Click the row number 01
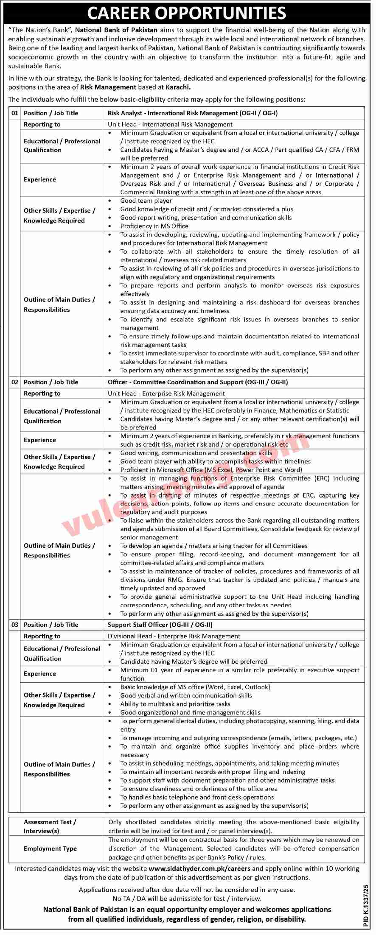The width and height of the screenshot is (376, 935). [15, 113]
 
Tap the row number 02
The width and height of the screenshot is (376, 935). [15, 382]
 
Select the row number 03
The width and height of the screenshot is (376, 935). [15, 625]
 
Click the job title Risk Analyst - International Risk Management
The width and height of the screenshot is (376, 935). [193, 113]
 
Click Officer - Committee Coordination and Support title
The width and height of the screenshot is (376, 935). [198, 382]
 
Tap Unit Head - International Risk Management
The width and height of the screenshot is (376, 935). [170, 124]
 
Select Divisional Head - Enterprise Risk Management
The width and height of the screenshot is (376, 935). [174, 636]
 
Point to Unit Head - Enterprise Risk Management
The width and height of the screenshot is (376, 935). [166, 394]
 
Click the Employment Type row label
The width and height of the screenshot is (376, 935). [50, 848]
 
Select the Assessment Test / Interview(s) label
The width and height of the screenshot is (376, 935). [50, 826]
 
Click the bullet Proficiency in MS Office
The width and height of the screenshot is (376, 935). [154, 226]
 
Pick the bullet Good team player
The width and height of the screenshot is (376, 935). [146, 201]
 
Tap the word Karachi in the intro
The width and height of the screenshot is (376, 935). [177, 87]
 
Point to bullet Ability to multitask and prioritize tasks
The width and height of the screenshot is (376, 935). [175, 704]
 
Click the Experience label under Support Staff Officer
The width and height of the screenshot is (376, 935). [40, 674]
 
